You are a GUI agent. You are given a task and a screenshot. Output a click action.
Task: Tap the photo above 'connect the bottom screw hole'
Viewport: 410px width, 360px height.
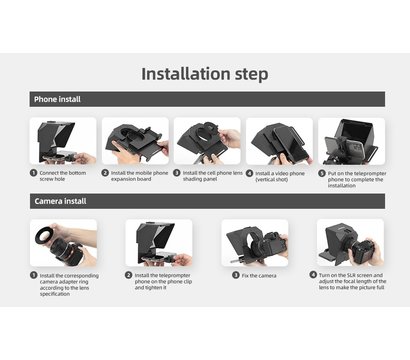63,141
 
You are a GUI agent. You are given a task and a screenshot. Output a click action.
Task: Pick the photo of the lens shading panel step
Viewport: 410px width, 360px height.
206,141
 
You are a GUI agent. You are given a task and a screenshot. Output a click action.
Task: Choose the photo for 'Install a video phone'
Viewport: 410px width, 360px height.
278,141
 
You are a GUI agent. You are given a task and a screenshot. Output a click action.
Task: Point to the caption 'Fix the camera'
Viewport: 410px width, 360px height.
259,274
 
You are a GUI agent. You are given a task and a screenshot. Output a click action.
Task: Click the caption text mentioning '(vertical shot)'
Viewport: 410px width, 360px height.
284,178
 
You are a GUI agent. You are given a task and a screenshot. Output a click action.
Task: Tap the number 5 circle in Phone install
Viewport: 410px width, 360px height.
322,172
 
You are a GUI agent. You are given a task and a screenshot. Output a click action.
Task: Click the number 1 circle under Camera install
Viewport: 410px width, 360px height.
33,274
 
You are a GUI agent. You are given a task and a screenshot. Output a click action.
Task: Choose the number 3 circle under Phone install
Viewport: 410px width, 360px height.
177,172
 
